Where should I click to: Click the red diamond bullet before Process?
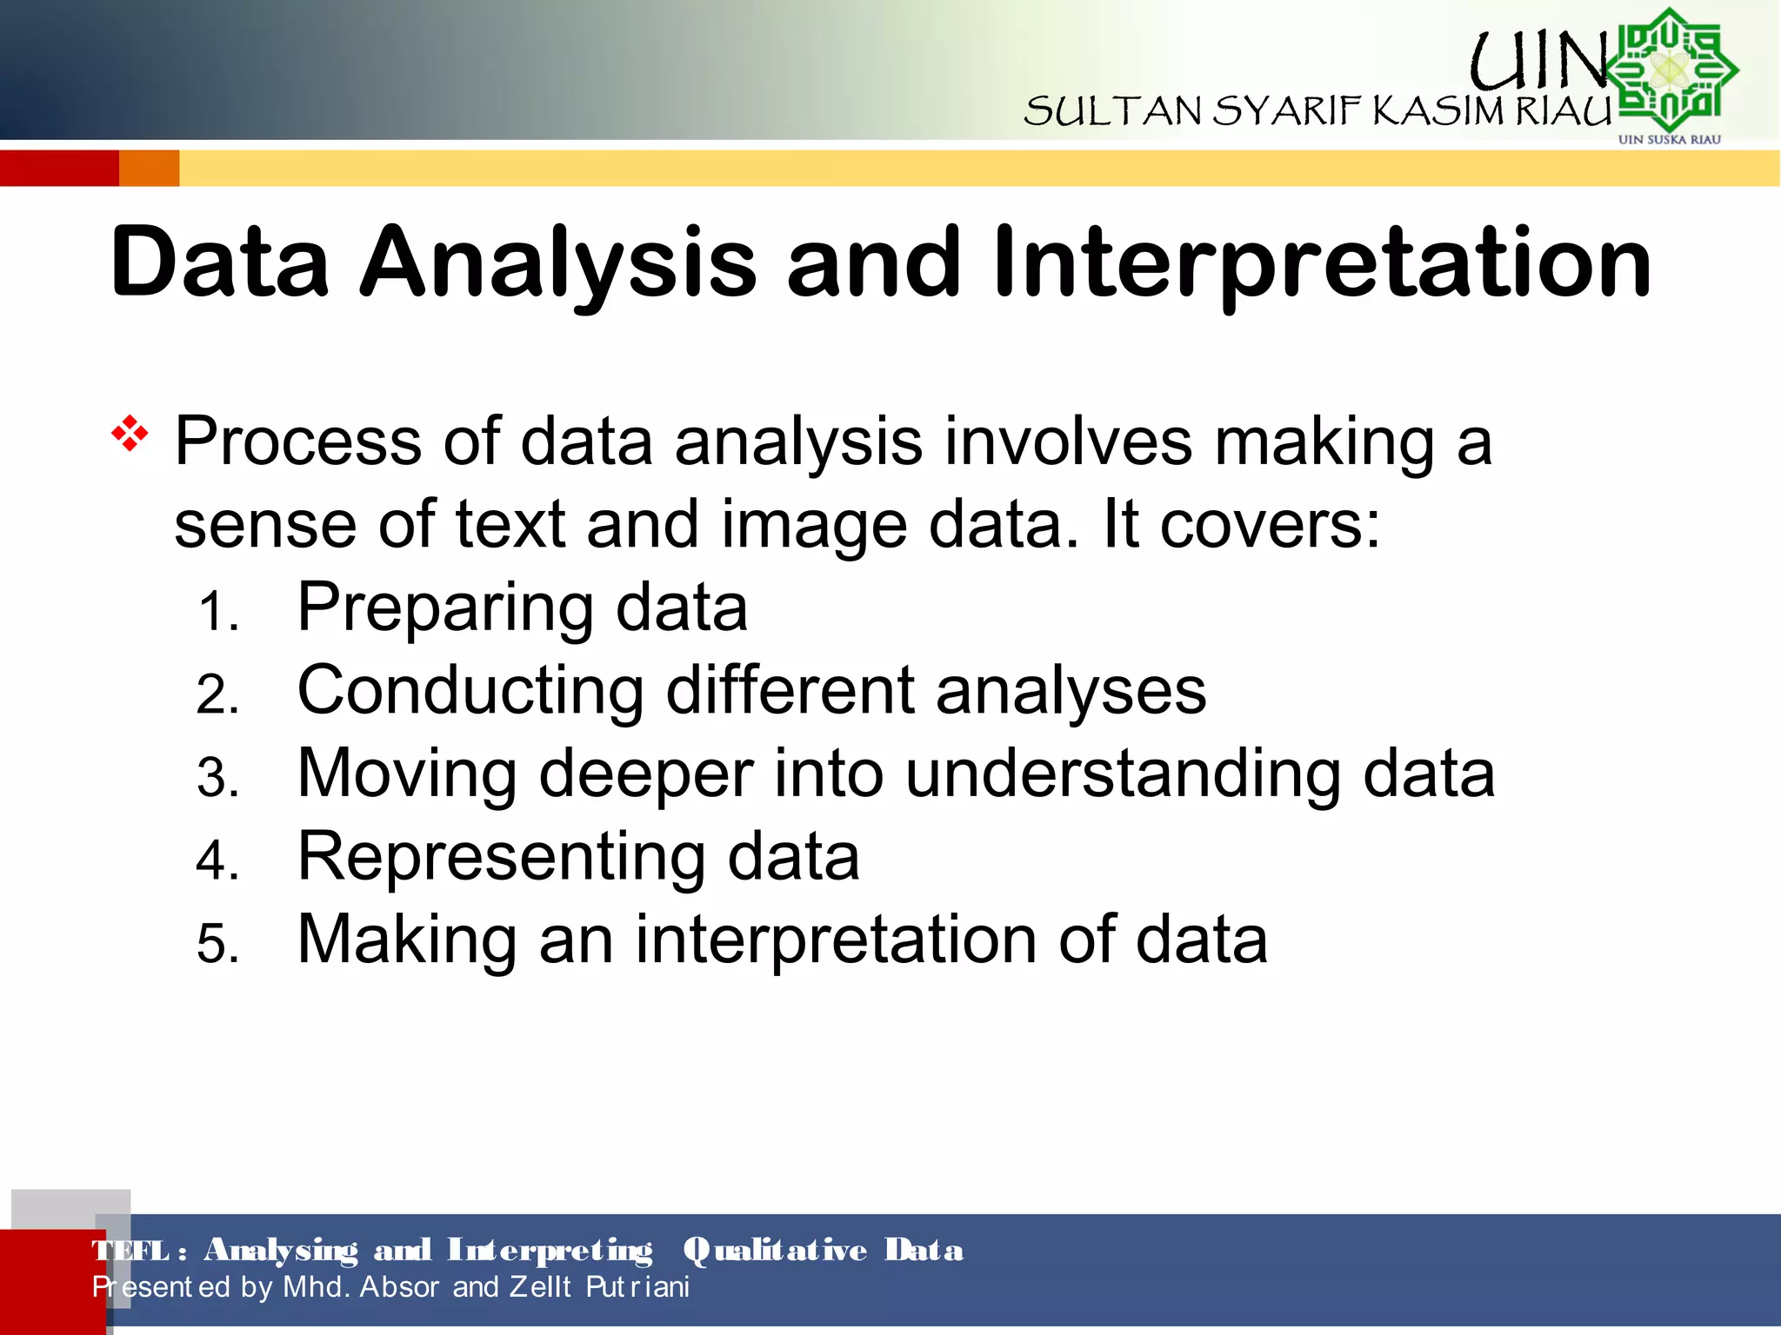(130, 433)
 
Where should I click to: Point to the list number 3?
(217, 777)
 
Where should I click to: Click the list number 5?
(217, 944)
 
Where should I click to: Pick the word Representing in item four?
(501, 857)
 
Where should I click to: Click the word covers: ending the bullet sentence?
(1270, 525)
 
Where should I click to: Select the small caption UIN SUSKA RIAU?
(1669, 139)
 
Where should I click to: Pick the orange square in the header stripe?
(149, 168)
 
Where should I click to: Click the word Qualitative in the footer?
(775, 1250)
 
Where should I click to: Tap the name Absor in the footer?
(399, 1286)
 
